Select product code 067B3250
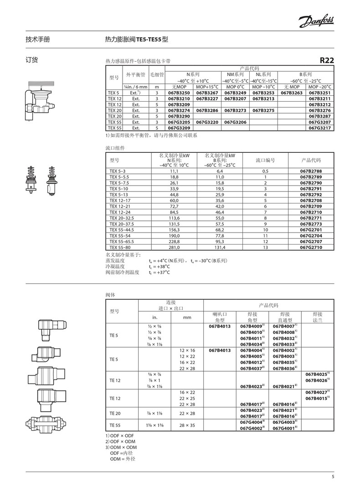pos(179,93)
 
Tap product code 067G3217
pos(319,128)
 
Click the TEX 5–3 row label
pos(118,171)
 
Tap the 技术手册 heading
pos(37,39)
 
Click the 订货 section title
pos(31,60)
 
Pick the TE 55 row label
pos(114,425)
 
